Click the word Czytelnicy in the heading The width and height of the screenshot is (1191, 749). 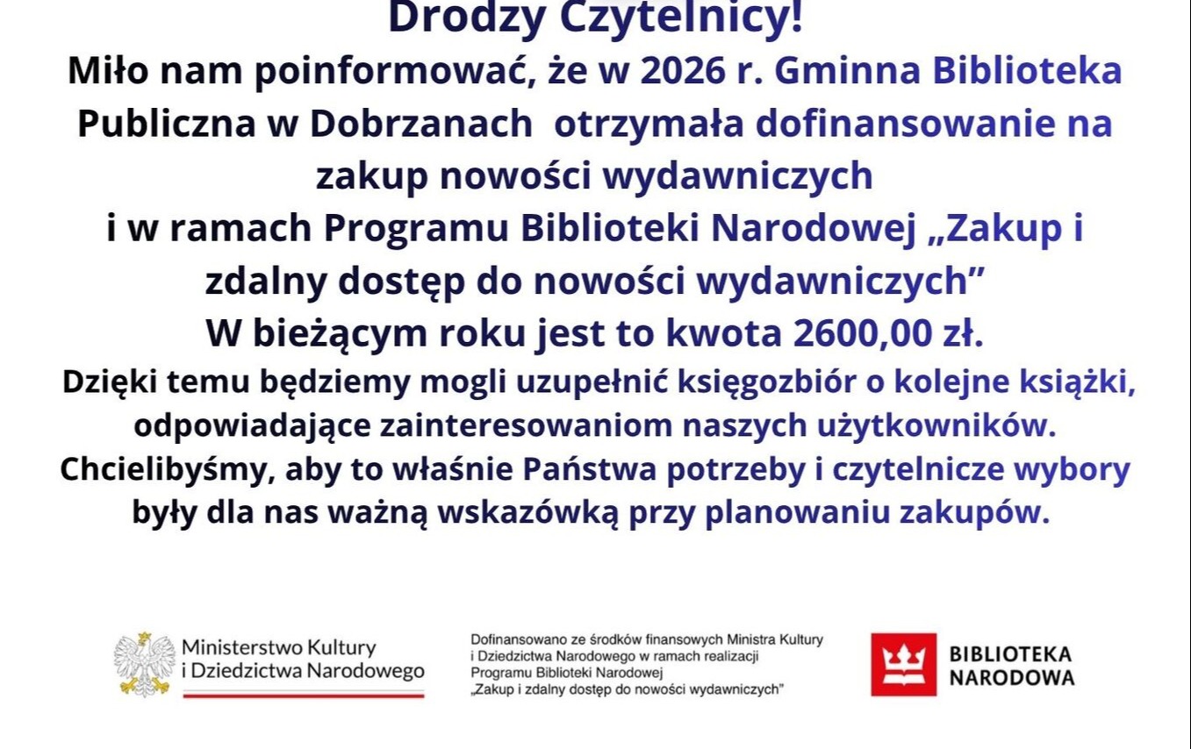click(x=681, y=18)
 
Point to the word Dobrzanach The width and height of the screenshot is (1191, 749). click(x=421, y=124)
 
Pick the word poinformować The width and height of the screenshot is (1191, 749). click(x=391, y=72)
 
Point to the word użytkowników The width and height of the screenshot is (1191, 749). click(x=936, y=426)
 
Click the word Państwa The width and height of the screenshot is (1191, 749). click(x=590, y=469)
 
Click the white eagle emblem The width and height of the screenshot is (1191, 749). click(x=145, y=665)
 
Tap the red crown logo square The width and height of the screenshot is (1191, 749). click(x=903, y=665)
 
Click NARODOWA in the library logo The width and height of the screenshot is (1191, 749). click(x=1012, y=678)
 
